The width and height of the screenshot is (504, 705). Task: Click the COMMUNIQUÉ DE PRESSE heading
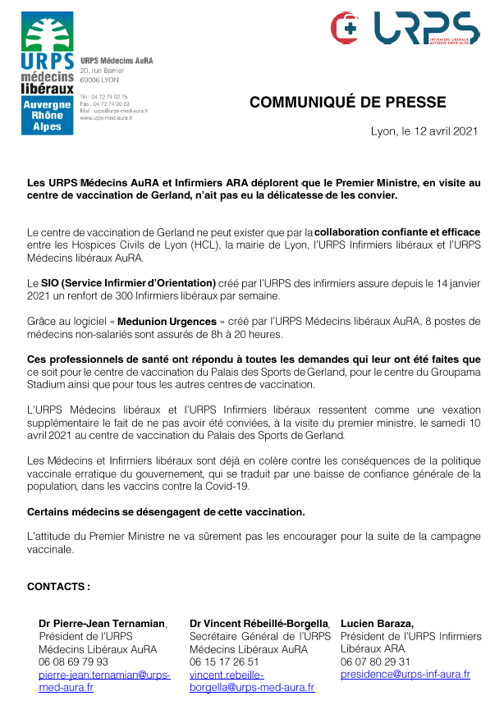coord(348,103)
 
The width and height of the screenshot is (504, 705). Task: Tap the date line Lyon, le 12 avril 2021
coord(424,131)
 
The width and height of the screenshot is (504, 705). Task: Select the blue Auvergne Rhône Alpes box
coord(48,116)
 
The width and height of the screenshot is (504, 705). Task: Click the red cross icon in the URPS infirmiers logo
coord(346,28)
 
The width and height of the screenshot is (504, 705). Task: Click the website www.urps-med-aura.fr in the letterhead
coord(106,117)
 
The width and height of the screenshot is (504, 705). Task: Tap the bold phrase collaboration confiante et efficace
coord(398,232)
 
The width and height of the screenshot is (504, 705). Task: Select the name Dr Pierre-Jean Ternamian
coord(102,624)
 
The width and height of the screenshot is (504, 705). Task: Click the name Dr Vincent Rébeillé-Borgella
coord(259,624)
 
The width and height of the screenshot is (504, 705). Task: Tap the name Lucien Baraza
coord(377,624)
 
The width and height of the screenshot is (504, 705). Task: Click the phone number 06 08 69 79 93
coord(74,662)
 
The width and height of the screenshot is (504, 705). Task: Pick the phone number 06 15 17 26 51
coord(224,662)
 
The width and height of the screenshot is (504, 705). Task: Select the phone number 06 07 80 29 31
coord(376,662)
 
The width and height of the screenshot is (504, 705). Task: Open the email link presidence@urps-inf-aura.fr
coord(405,675)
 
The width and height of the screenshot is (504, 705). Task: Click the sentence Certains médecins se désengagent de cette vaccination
coord(166,512)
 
